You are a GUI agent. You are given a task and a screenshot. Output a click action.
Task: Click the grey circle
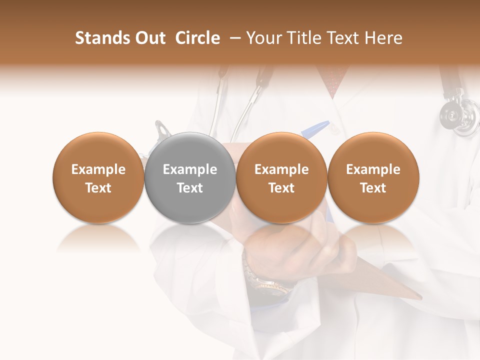point(189,177)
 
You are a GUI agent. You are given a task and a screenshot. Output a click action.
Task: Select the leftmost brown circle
point(98,177)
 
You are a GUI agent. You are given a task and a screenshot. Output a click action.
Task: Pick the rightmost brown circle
point(373,177)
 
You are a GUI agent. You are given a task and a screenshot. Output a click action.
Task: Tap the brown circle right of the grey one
point(281,177)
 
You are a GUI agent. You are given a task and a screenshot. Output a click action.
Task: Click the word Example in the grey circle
point(189,169)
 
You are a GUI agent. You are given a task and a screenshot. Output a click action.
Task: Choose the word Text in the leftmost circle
point(98,188)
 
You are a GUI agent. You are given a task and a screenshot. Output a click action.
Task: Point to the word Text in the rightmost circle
point(373,188)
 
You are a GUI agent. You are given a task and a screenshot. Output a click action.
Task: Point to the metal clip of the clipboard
point(162,130)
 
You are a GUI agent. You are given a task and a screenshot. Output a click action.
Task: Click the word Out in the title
point(148,38)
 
